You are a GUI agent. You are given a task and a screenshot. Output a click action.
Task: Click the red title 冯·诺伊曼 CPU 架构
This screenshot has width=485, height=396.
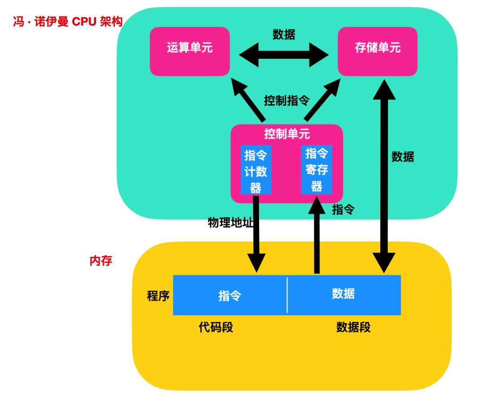[67, 22]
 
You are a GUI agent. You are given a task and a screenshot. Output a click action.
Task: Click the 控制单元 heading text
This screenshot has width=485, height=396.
[287, 134]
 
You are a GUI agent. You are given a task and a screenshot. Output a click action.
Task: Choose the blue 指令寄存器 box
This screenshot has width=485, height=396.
[317, 170]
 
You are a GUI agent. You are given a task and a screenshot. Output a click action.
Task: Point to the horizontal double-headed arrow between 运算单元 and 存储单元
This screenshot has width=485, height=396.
[284, 55]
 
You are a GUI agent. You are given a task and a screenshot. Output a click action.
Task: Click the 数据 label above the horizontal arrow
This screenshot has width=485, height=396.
[284, 35]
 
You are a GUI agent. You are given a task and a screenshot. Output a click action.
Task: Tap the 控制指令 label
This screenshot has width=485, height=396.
[287, 101]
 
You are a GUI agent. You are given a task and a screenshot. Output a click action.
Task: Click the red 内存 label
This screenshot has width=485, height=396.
[101, 261]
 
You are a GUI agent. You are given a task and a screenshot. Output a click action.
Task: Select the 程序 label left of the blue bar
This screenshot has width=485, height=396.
[158, 296]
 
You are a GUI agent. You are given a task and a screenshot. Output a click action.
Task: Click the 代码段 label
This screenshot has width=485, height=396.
[216, 327]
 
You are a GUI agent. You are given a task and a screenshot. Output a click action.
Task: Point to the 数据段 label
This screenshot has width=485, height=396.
[353, 327]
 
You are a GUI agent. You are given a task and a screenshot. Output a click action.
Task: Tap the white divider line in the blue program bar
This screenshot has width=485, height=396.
[287, 295]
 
